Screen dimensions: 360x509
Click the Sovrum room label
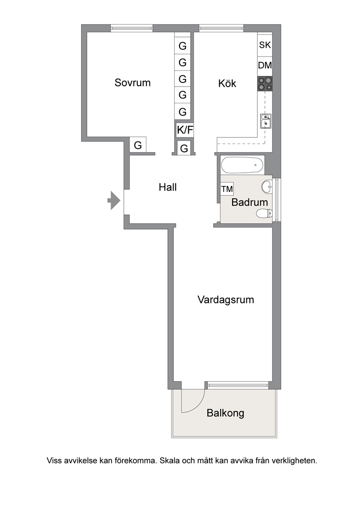click(x=133, y=83)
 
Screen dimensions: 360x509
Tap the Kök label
click(x=227, y=84)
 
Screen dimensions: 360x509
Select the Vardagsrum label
click(x=226, y=300)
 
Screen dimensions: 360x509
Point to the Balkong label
click(x=226, y=413)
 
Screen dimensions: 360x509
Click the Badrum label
click(x=249, y=202)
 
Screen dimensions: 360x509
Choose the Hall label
click(x=168, y=187)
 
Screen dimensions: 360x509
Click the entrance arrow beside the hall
click(x=114, y=200)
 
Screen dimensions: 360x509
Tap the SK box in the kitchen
click(x=265, y=45)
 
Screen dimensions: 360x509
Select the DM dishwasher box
click(x=265, y=65)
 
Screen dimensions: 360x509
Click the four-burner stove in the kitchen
click(x=265, y=83)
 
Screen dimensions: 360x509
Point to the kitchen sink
click(x=265, y=121)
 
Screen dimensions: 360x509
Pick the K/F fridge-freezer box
click(x=185, y=130)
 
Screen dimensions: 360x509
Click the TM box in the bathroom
click(x=227, y=189)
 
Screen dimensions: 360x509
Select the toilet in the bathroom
click(x=264, y=213)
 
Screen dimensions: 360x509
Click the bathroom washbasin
click(x=267, y=186)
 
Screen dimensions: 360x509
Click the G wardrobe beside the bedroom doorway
click(x=138, y=145)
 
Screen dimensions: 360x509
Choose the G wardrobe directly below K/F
click(x=184, y=148)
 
